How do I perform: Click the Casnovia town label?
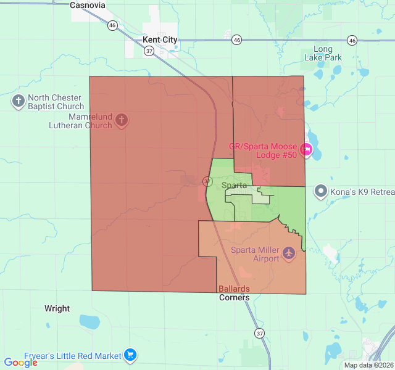pyautogui.click(x=88, y=5)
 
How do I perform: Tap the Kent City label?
pyautogui.click(x=159, y=39)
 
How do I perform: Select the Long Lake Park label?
pyautogui.click(x=323, y=54)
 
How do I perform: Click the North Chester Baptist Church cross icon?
pyautogui.click(x=19, y=101)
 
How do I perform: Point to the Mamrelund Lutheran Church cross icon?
pyautogui.click(x=122, y=119)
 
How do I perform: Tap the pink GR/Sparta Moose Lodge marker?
pyautogui.click(x=306, y=149)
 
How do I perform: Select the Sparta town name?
pyautogui.click(x=234, y=185)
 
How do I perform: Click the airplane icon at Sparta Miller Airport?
pyautogui.click(x=288, y=253)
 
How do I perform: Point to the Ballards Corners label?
pyautogui.click(x=235, y=293)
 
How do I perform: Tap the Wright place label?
pyautogui.click(x=57, y=308)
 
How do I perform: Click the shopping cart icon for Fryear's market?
pyautogui.click(x=130, y=355)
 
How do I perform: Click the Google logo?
pyautogui.click(x=21, y=363)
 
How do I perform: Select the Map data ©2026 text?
pyautogui.click(x=368, y=365)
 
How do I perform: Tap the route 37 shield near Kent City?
pyautogui.click(x=149, y=52)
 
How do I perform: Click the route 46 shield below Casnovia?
pyautogui.click(x=112, y=25)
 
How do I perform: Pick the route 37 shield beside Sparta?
pyautogui.click(x=207, y=181)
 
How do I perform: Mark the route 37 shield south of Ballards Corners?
pyautogui.click(x=259, y=333)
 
